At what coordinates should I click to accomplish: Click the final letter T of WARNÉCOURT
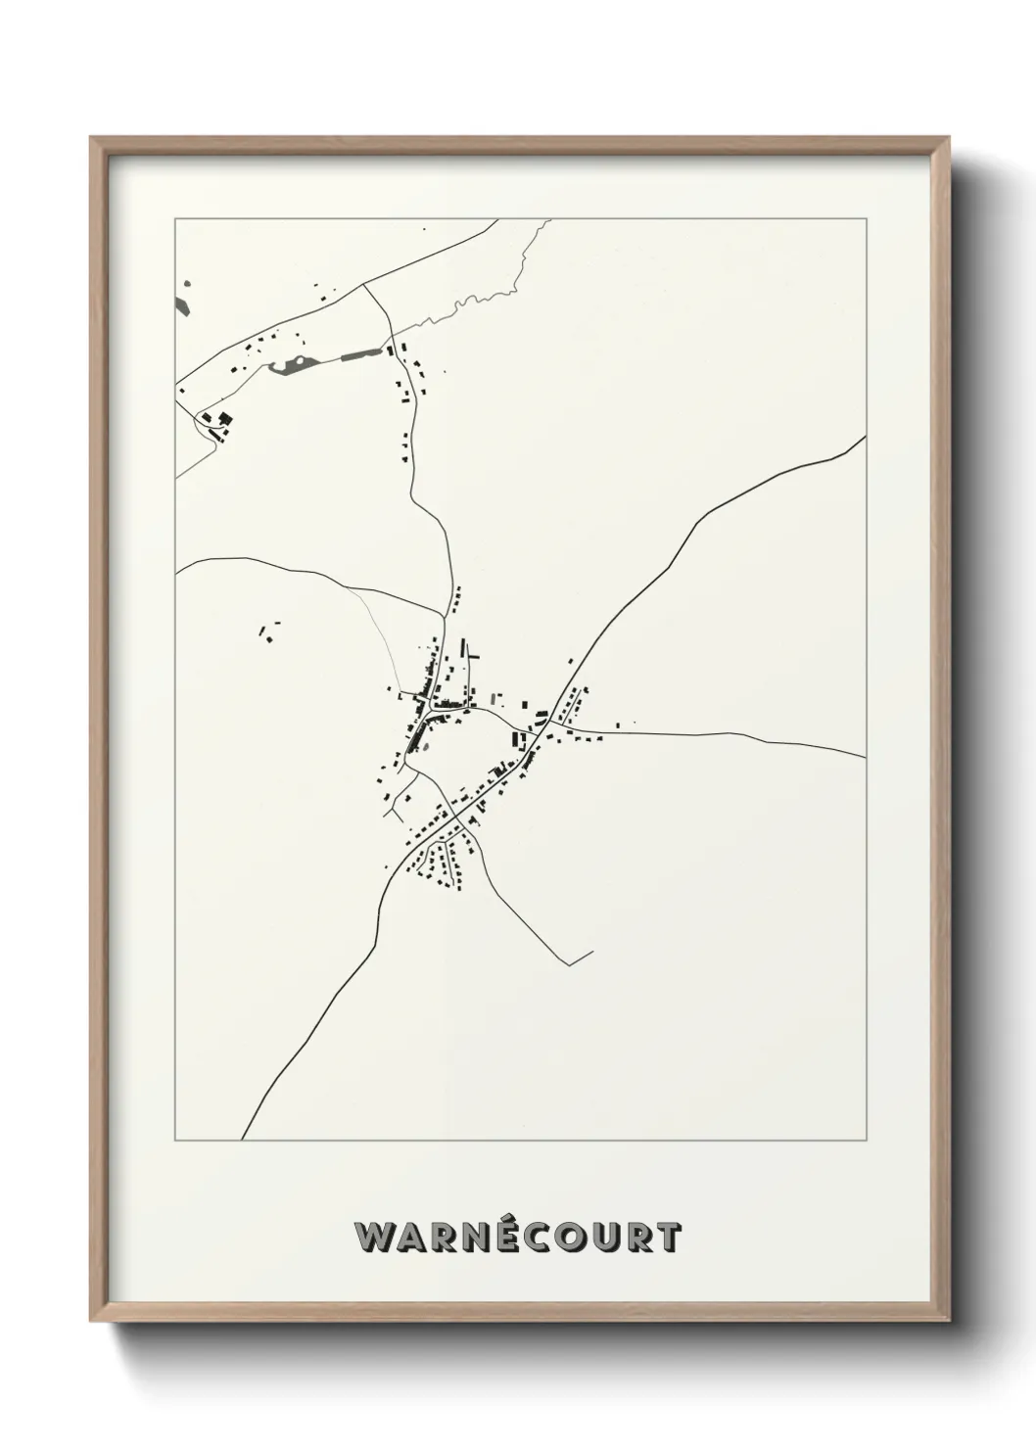point(669,1237)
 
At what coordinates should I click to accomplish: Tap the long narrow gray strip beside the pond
point(359,355)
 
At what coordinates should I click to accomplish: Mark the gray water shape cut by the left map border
point(183,298)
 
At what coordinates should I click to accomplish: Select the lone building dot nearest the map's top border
point(424,229)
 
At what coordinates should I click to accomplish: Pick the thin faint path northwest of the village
point(378,627)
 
